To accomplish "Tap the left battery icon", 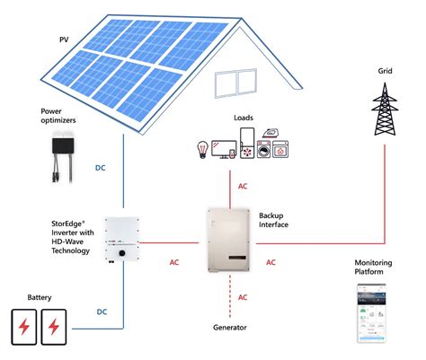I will click(25, 324).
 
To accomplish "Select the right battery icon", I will click(56, 324).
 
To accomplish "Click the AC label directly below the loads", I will click(243, 187).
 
